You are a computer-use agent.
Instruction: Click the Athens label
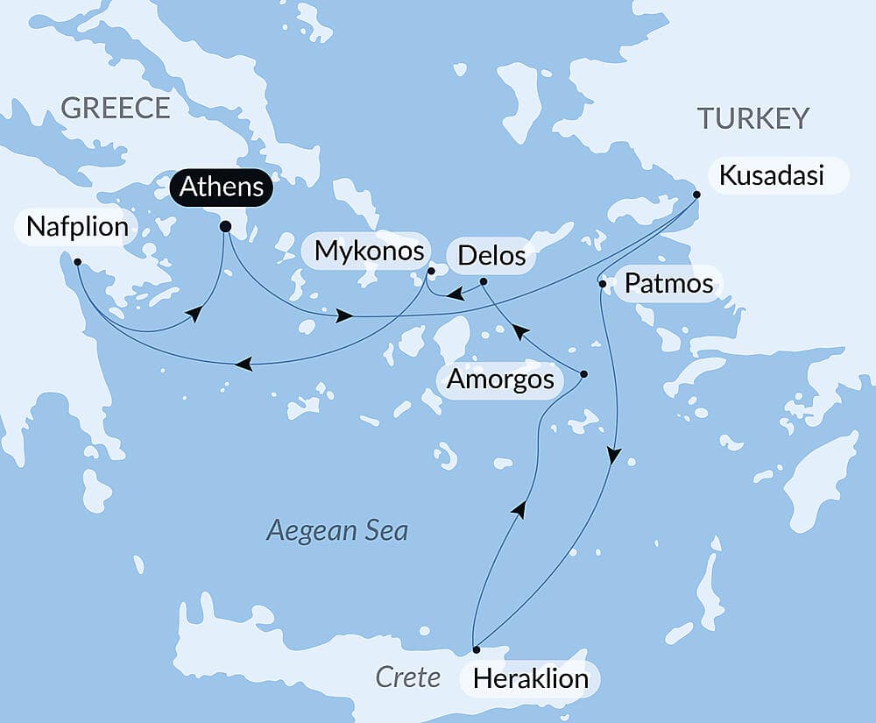pos(222,187)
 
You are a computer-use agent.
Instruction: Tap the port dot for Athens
pos(225,227)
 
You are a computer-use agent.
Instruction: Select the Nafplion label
pos(77,228)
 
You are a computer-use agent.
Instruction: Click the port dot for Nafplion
pos(78,261)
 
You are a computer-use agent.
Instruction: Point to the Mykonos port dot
pos(431,271)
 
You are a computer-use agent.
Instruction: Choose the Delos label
pos(491,256)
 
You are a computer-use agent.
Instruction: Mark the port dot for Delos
pos(484,281)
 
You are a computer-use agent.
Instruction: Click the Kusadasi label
pos(771,175)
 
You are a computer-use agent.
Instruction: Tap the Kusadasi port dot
pos(696,195)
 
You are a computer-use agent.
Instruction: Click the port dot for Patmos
pos(602,283)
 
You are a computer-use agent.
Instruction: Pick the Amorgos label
pos(500,379)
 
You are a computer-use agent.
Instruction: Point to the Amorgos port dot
pos(584,374)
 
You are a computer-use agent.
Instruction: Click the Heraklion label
pos(530,678)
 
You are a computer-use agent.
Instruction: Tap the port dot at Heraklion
pos(477,650)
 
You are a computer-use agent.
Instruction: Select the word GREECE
pos(115,108)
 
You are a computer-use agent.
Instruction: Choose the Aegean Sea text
pos(337,530)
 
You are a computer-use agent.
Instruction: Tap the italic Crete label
pos(407,677)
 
